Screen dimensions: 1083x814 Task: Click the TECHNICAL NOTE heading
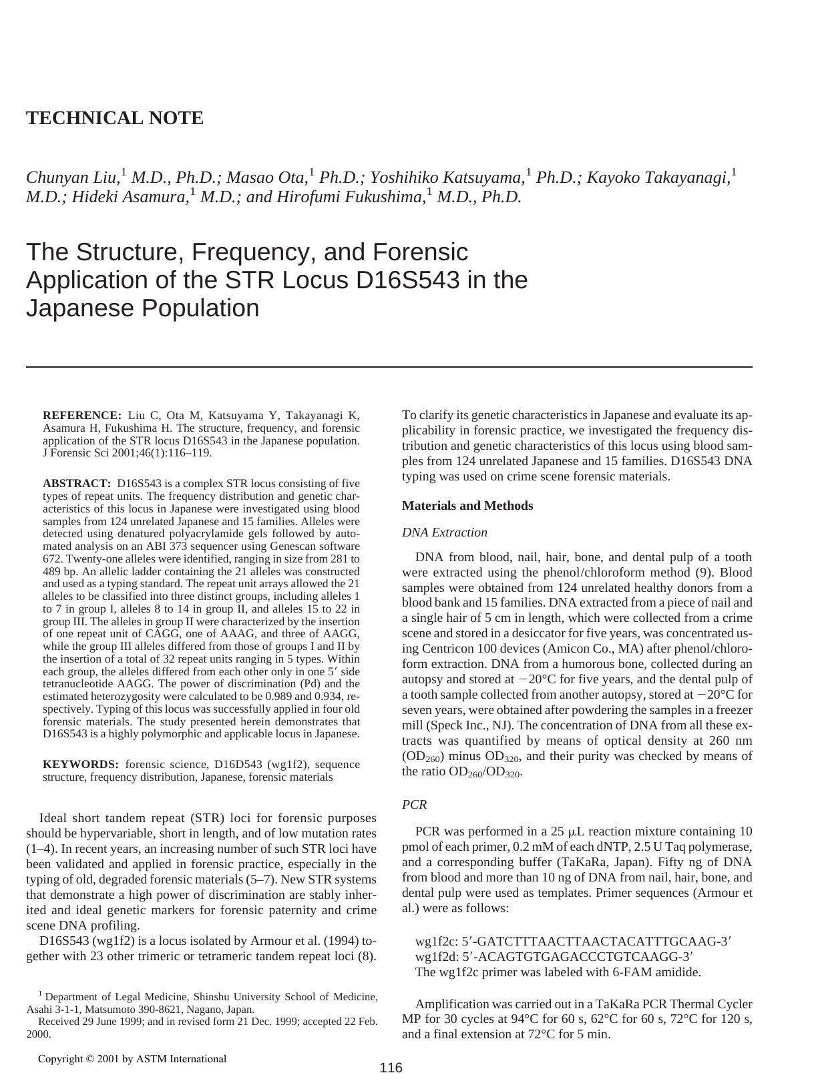114,118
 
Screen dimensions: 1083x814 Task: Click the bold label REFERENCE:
82,415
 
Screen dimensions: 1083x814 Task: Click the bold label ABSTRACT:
77,483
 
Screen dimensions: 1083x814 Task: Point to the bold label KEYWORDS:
81,765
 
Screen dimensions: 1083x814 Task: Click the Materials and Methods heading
467,506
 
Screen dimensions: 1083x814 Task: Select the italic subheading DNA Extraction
444,532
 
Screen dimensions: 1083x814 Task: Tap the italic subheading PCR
414,805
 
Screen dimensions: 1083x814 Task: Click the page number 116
391,1068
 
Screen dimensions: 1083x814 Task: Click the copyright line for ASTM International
132,1059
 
